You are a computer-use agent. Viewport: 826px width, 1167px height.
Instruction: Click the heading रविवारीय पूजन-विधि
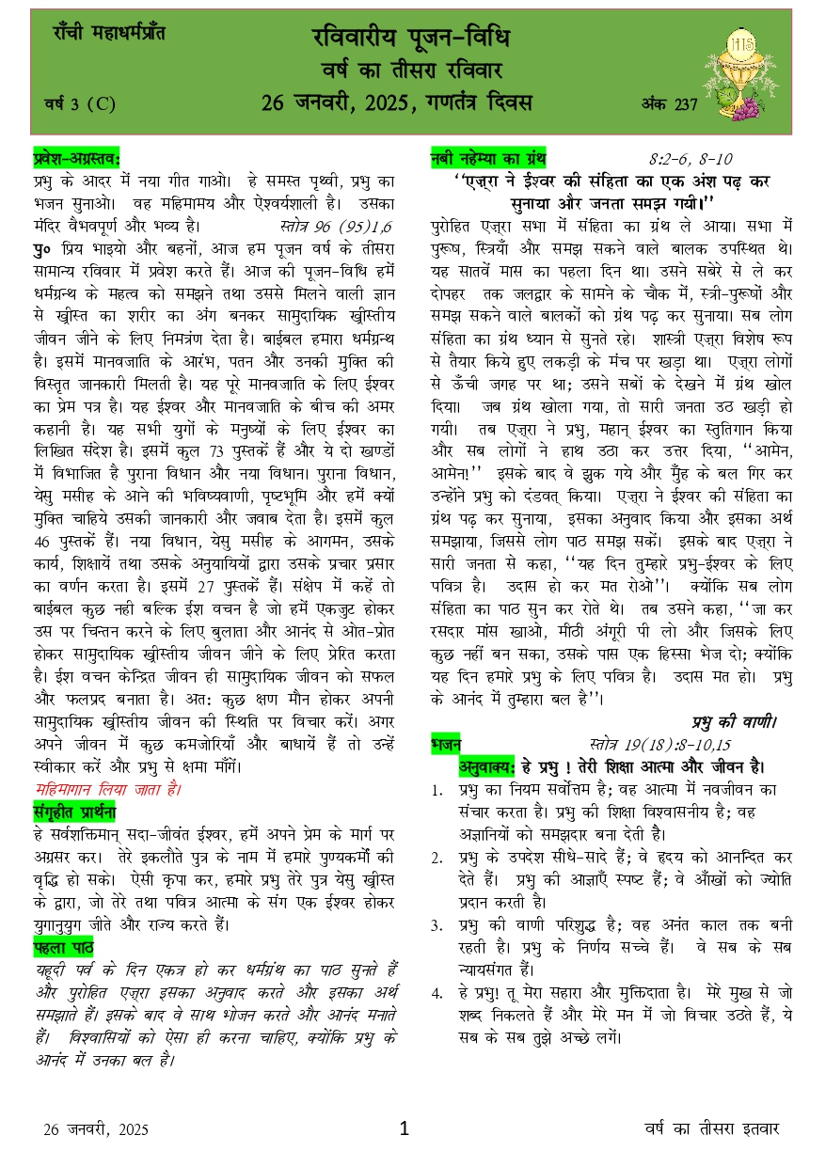[x=410, y=39]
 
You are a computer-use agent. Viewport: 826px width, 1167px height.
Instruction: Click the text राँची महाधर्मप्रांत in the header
[x=109, y=34]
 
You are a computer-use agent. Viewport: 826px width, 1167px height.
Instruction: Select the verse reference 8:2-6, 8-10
[x=691, y=159]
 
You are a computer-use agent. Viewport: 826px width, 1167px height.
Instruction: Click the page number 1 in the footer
[x=405, y=1128]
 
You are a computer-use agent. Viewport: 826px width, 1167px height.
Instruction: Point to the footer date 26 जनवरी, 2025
[x=96, y=1129]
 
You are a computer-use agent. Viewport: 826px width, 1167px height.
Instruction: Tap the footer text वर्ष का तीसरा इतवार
[x=712, y=1128]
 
